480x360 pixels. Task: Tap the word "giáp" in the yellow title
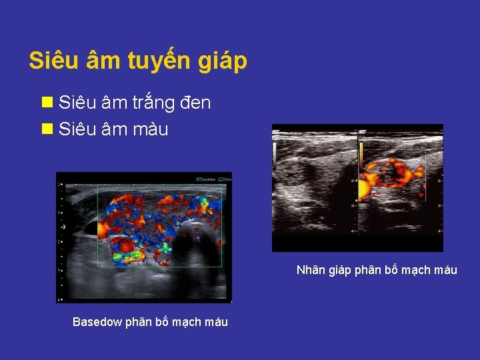pyautogui.click(x=223, y=61)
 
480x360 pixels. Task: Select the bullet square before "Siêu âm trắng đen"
pyautogui.click(x=47, y=103)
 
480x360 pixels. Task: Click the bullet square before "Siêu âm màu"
pyautogui.click(x=47, y=129)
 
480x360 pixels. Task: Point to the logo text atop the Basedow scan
pyautogui.click(x=212, y=178)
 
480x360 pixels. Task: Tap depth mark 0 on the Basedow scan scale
pyautogui.click(x=60, y=184)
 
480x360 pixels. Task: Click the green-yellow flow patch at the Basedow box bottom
pyautogui.click(x=133, y=254)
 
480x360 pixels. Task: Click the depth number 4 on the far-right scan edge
pyautogui.click(x=439, y=230)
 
